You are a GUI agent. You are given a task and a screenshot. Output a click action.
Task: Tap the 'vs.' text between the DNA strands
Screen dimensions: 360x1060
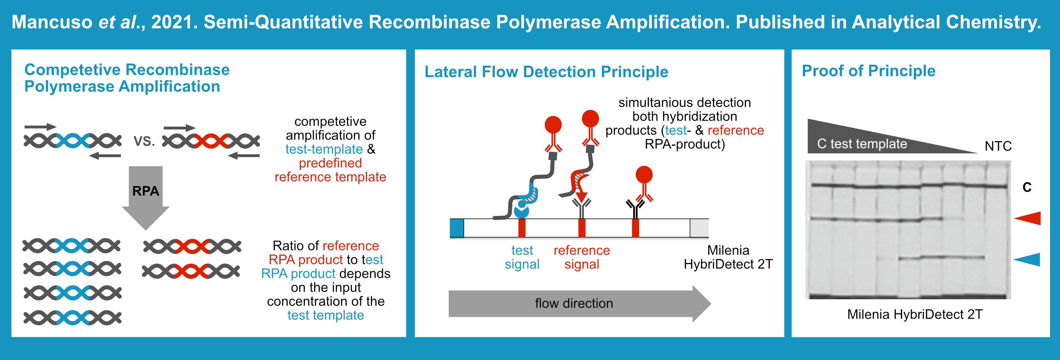144,141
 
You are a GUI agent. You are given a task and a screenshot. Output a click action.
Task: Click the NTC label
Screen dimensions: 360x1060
998,146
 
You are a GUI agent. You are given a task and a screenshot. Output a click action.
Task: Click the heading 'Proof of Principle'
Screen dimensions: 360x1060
868,71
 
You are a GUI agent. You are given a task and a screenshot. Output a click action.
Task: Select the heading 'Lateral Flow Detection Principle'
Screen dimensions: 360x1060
546,72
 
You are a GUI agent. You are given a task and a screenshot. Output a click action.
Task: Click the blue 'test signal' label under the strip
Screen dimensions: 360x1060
522,257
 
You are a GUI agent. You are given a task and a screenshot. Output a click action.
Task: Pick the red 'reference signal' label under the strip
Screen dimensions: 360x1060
582,257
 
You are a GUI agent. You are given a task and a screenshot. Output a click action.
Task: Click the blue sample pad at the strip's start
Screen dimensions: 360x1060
457,228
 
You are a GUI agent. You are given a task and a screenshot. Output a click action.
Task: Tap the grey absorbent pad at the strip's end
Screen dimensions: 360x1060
699,228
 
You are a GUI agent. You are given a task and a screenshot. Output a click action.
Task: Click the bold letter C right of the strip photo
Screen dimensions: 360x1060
1027,187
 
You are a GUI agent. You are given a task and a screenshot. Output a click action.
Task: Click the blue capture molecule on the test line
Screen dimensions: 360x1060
521,211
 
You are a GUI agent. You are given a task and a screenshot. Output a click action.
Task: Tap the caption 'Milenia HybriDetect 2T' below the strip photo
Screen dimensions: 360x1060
914,314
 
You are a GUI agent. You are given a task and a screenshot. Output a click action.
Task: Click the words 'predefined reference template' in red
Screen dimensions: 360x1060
330,170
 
